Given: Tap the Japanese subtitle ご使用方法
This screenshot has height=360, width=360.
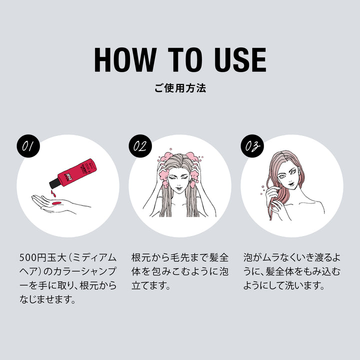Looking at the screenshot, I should [x=180, y=88].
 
